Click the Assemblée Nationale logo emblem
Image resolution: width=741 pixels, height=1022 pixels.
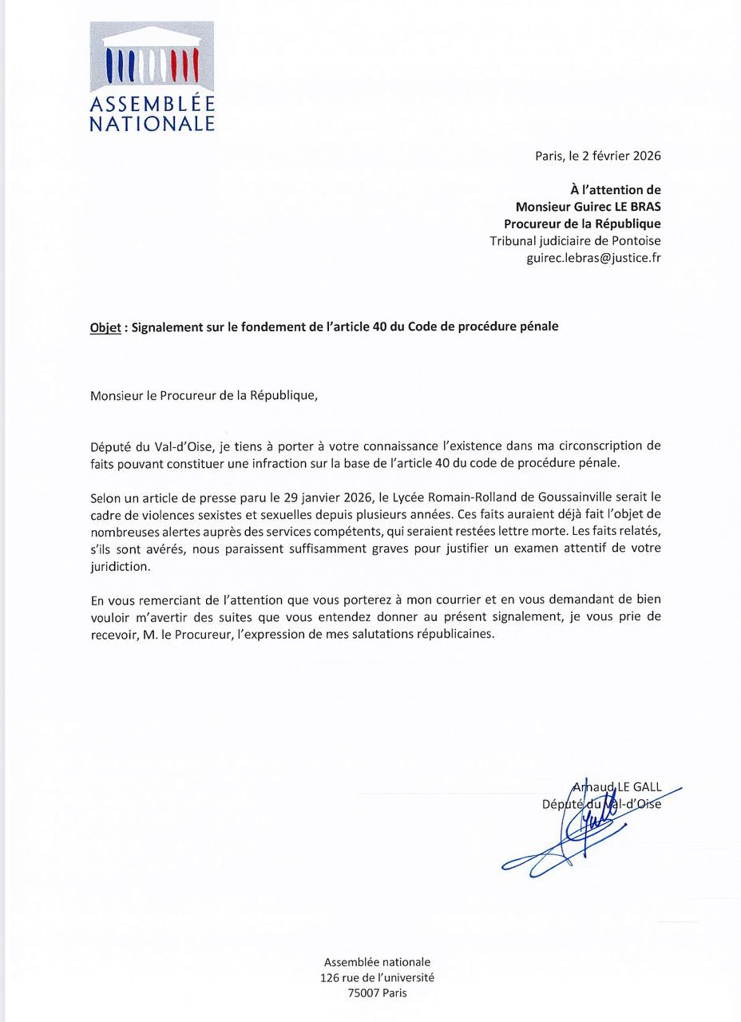point(152,57)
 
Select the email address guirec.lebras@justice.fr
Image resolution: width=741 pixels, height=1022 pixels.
point(593,258)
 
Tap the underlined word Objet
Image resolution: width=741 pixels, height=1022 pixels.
point(105,327)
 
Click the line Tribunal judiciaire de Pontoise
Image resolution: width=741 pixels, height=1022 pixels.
point(575,241)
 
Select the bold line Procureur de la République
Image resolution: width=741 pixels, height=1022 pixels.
point(582,224)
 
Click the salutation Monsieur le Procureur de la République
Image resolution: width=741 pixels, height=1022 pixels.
point(204,395)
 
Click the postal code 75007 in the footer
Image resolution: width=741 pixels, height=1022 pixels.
point(364,993)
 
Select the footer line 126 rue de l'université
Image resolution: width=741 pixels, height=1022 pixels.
point(377,977)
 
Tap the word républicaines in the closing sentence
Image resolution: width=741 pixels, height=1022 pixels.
point(448,635)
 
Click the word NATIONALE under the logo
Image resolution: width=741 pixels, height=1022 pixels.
point(152,124)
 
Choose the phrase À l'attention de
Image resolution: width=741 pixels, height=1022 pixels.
point(615,190)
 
